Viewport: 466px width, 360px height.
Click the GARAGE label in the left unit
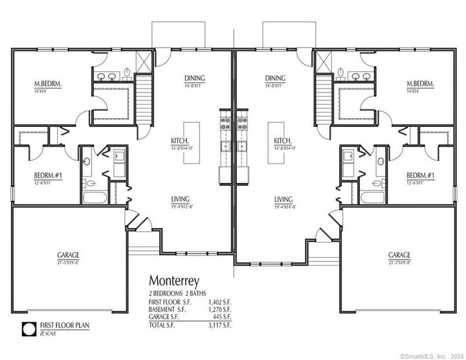[x=64, y=257]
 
